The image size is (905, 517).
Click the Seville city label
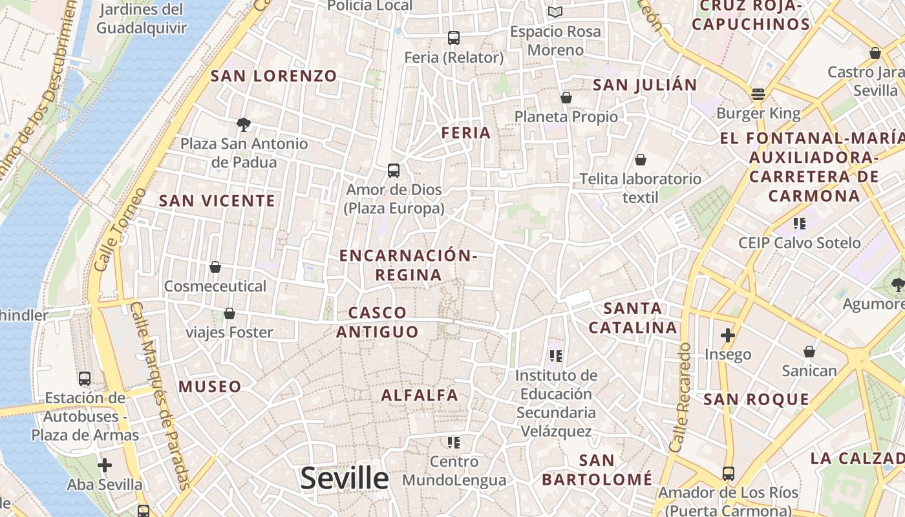[345, 479]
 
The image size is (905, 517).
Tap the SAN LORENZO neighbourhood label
[274, 76]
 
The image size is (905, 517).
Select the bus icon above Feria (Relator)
[453, 38]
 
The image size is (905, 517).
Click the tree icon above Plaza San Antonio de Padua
[244, 124]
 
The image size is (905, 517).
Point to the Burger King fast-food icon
[758, 94]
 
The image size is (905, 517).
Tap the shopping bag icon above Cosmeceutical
[215, 267]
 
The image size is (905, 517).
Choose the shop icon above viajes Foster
[229, 313]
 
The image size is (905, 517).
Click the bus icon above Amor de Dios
[394, 171]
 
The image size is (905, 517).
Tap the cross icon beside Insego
[728, 335]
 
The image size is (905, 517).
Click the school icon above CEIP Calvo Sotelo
[800, 224]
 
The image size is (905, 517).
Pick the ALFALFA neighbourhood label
[420, 395]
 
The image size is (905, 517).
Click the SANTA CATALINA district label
[633, 317]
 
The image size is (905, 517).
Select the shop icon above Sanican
[809, 352]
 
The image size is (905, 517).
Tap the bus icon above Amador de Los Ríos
[728, 474]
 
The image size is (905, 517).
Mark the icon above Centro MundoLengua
[454, 443]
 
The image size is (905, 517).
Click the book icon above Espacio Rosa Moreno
[555, 12]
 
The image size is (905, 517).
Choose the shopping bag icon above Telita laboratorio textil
[640, 160]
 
